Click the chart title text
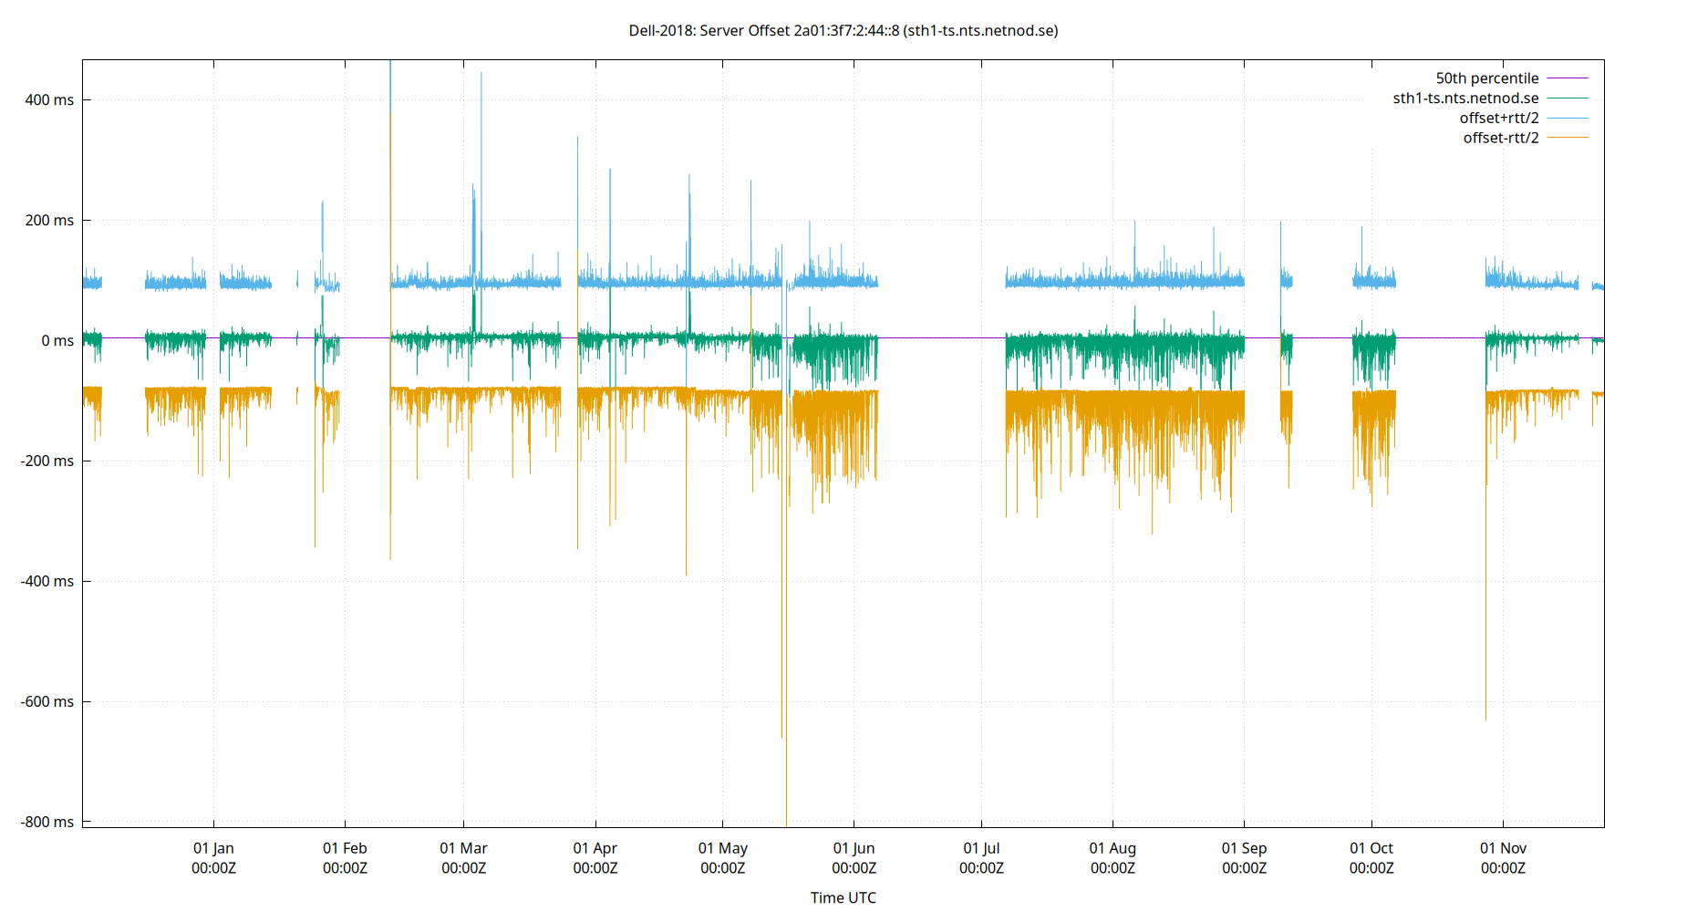coord(843,30)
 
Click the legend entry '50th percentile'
coord(1486,78)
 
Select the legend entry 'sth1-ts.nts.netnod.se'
coord(1465,98)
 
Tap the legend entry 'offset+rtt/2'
coord(1498,119)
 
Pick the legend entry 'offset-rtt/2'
coord(1500,139)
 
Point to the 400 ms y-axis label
coord(49,100)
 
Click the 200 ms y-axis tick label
coord(49,221)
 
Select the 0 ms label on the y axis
coord(57,341)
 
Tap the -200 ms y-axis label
coord(47,461)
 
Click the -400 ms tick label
coord(47,582)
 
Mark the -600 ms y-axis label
coord(47,702)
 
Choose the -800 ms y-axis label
coord(47,823)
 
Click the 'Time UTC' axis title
coord(843,897)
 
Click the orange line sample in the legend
coord(1567,139)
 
